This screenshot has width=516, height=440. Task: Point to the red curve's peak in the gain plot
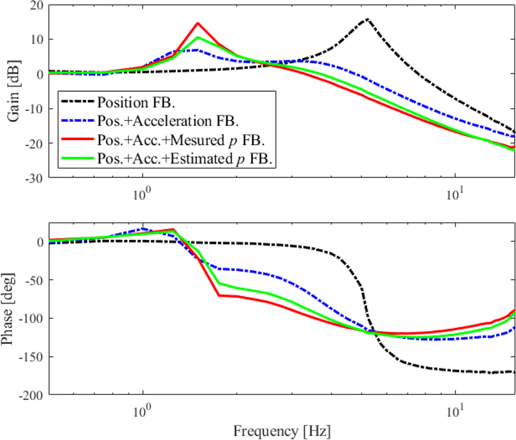[198, 23]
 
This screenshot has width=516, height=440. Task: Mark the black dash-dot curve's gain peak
[366, 19]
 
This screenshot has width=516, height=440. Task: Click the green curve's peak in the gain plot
[199, 37]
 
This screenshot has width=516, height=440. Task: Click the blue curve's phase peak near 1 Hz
[143, 229]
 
